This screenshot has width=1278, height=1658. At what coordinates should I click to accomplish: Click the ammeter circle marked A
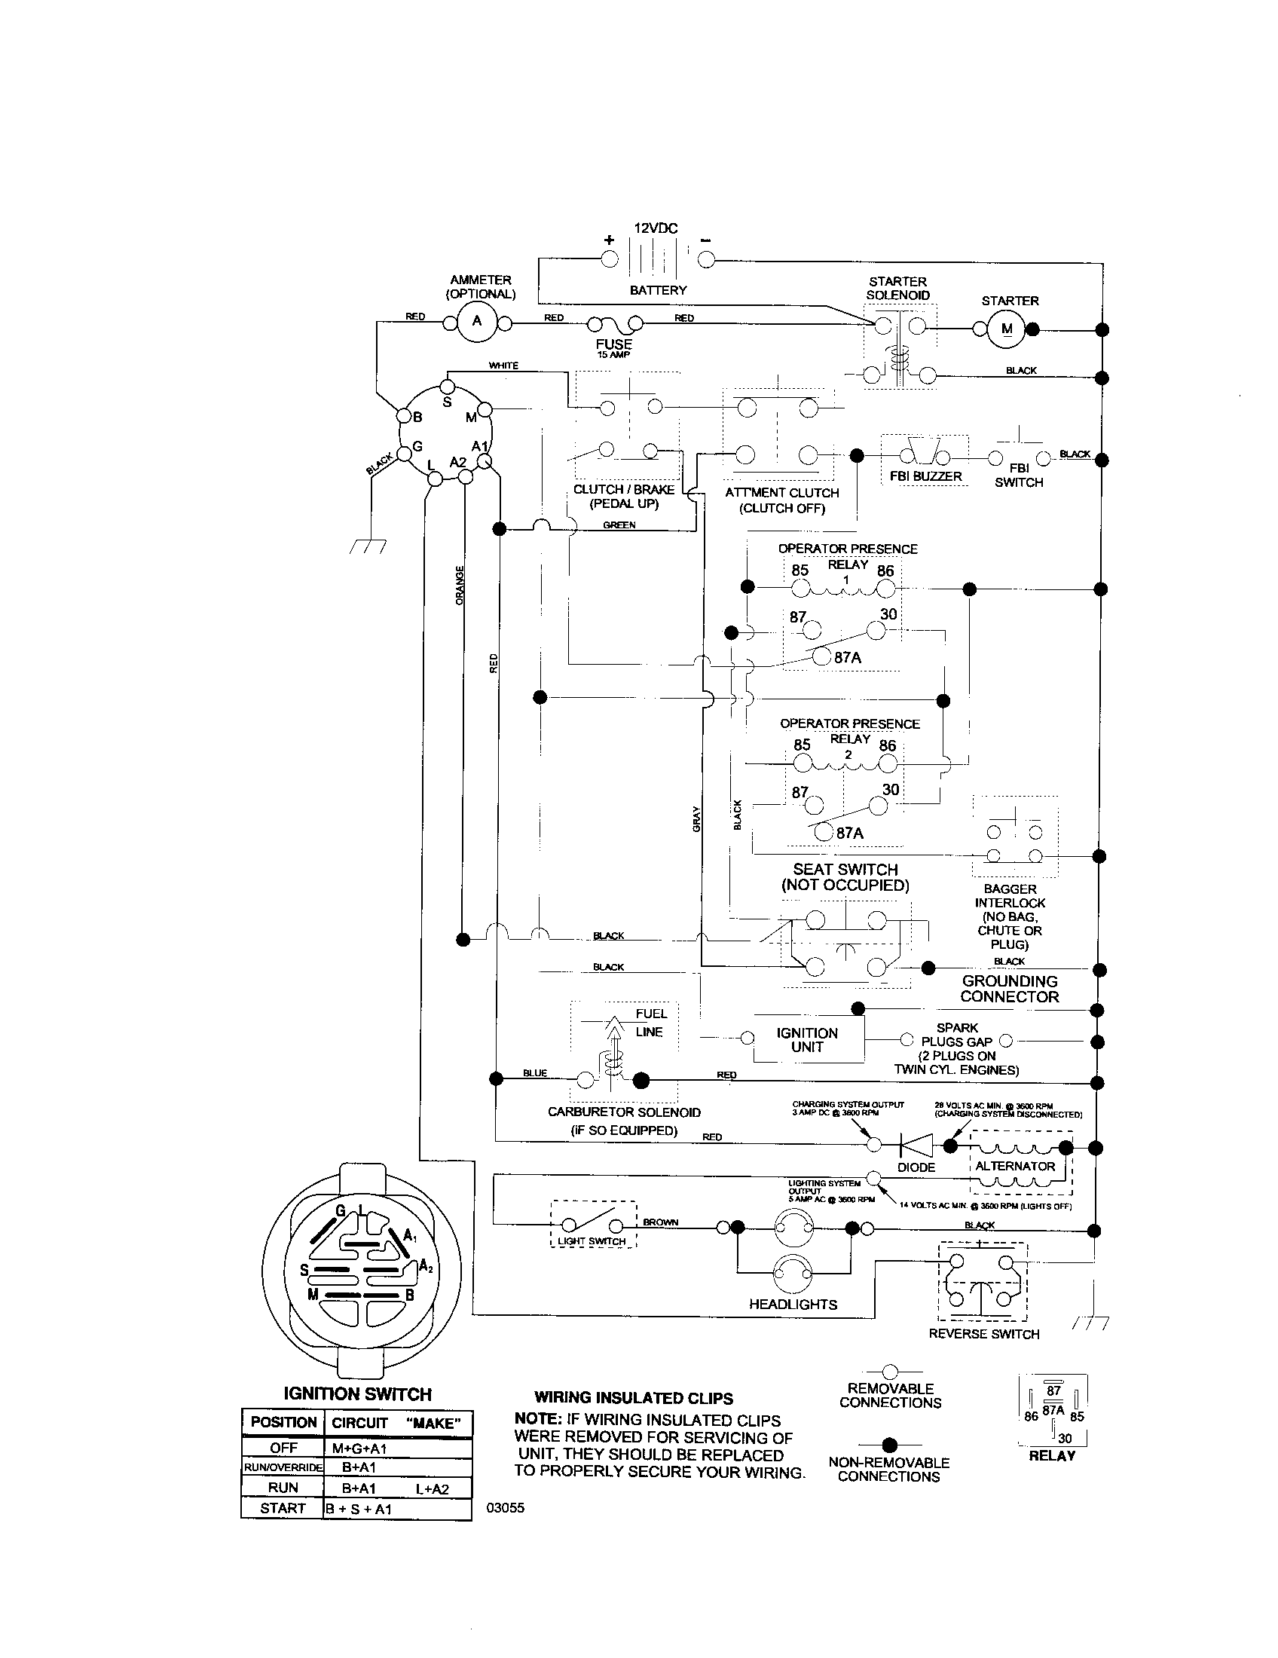pos(477,320)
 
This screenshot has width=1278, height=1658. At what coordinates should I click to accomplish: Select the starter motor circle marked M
pos(1006,329)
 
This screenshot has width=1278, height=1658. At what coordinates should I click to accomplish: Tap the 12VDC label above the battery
pos(656,228)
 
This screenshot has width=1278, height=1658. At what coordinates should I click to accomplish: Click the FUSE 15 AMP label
pos(614,347)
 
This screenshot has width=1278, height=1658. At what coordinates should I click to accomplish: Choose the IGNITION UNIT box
pos(807,1039)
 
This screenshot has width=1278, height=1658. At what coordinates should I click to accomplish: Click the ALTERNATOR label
pos(1015,1166)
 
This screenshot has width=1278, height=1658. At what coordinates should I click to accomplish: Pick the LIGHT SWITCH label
pos(592,1241)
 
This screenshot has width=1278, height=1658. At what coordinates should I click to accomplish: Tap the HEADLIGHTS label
pos(793,1305)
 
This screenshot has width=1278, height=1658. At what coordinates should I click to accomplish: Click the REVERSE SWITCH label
pos(983,1334)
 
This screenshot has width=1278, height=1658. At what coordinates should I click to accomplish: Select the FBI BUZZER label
pos(925,476)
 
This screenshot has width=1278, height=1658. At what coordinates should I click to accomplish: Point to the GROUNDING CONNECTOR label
pos(1009,989)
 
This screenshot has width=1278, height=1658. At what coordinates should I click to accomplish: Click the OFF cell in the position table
pos(283,1448)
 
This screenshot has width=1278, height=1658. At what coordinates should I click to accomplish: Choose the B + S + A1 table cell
pos(358,1510)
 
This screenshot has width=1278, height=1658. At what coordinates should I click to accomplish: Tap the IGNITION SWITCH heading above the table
pos(356,1393)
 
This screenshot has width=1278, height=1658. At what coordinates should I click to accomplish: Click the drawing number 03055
pos(506,1508)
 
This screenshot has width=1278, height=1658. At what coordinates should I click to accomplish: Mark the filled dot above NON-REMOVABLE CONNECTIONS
pos(891,1444)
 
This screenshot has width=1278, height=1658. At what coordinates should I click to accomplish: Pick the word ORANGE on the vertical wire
pos(459,586)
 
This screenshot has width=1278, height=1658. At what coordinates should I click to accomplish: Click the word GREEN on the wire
pos(619,525)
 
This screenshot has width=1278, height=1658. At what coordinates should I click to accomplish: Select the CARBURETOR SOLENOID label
pos(624,1112)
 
